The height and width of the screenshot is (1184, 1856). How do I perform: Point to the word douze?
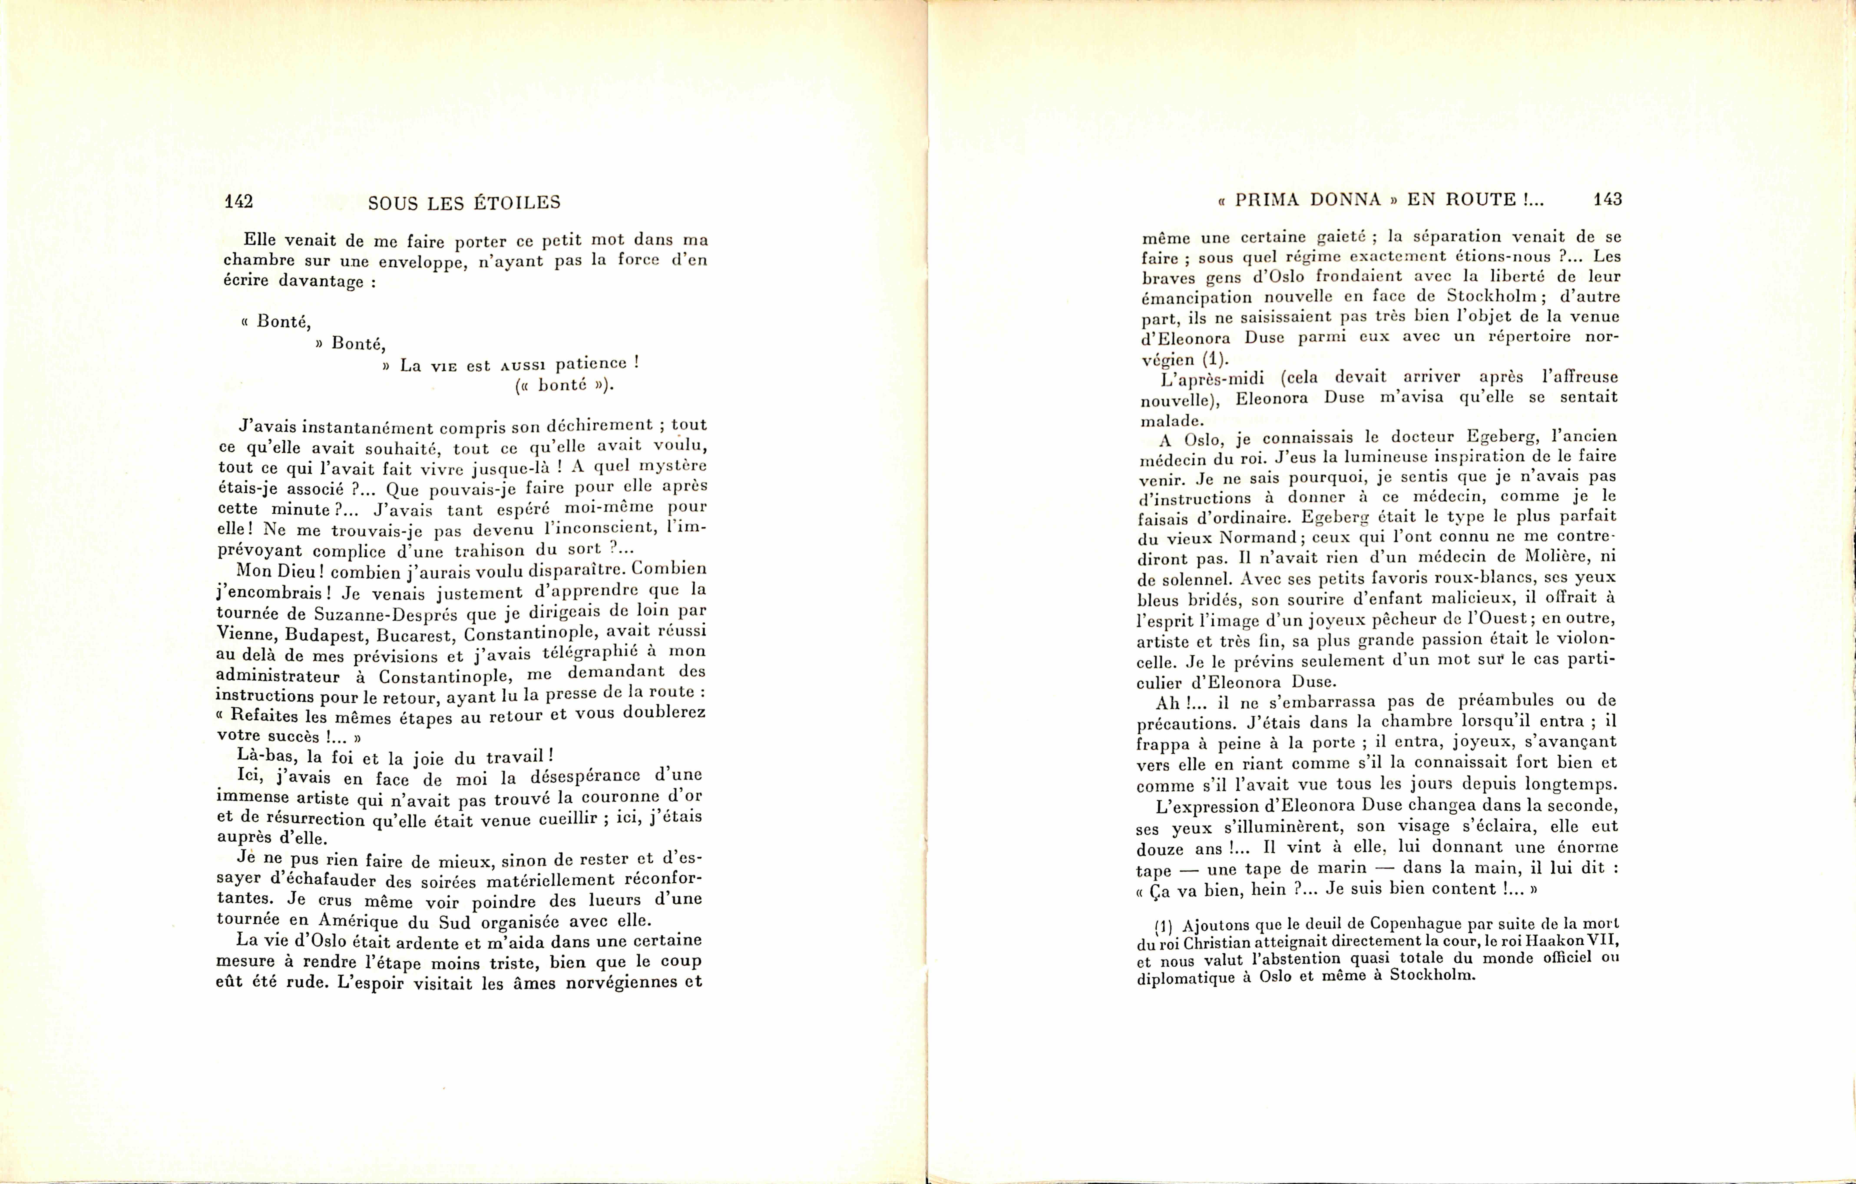1160,849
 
